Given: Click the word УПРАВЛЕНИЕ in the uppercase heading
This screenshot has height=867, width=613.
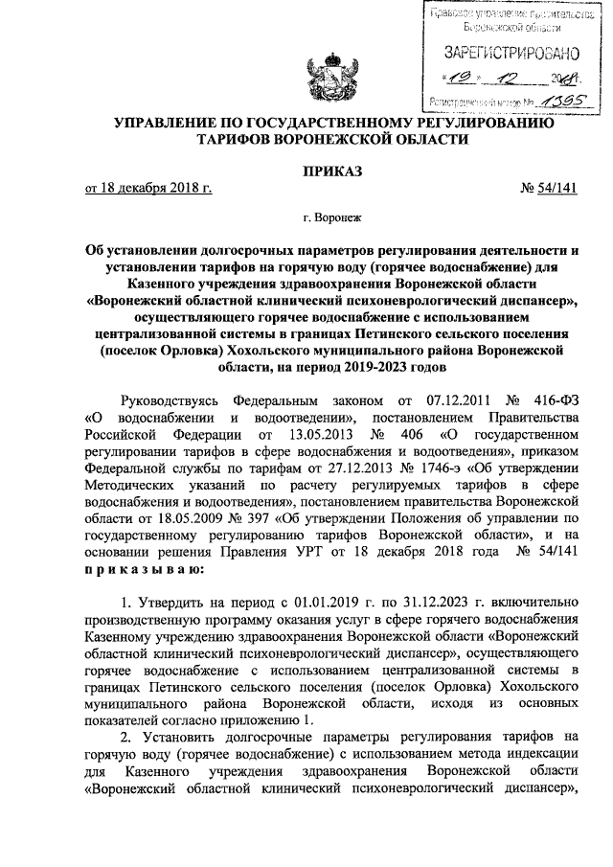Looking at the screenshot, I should (169, 122).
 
